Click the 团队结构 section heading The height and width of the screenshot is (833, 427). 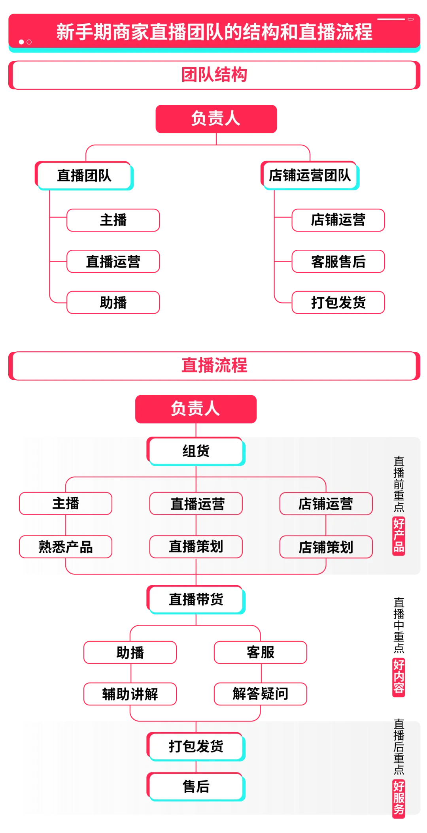point(214,75)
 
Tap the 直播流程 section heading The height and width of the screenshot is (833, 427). point(214,366)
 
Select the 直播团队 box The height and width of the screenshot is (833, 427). point(84,175)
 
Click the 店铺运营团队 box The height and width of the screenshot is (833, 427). point(310,175)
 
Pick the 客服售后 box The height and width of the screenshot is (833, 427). point(338,261)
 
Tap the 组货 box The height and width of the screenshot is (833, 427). point(196,451)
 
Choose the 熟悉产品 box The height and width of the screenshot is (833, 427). point(66,547)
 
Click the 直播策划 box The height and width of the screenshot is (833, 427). point(196,547)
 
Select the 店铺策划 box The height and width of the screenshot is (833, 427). point(326,547)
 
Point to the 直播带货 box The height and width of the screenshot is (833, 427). point(196,599)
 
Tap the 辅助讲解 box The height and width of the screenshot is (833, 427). point(130,694)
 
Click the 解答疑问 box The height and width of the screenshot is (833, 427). point(261,694)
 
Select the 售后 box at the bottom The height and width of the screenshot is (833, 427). point(196,787)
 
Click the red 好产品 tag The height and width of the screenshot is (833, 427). point(399,536)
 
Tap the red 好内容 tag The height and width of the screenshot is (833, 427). point(399,677)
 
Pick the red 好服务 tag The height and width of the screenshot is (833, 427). point(399,799)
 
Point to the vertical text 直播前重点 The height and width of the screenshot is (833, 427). point(399,484)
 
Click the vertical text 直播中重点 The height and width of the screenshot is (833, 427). point(399,625)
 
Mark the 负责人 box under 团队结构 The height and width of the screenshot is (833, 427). point(216,119)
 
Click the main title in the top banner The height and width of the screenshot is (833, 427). point(214,32)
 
